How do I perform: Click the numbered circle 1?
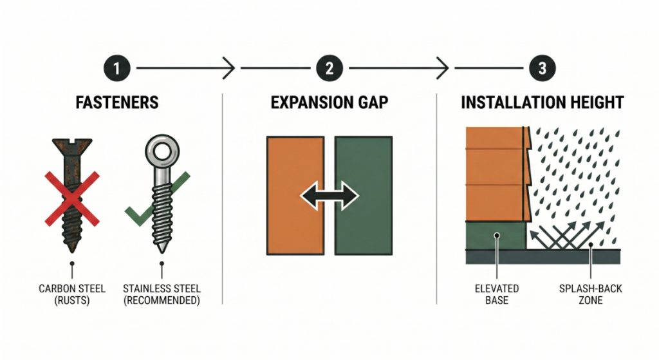pyautogui.click(x=116, y=68)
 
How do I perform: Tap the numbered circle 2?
pyautogui.click(x=329, y=68)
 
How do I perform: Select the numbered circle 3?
pyautogui.click(x=542, y=68)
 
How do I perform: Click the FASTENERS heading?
pyautogui.click(x=117, y=102)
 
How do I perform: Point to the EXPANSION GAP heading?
pyautogui.click(x=329, y=102)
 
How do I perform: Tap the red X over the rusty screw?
pyautogui.click(x=72, y=199)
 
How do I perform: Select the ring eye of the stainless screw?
pyautogui.click(x=162, y=151)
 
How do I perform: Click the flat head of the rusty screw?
pyautogui.click(x=72, y=146)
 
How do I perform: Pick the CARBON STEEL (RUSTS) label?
pyautogui.click(x=72, y=294)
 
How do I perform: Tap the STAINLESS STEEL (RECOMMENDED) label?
pyautogui.click(x=162, y=294)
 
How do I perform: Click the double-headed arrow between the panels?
pyautogui.click(x=329, y=196)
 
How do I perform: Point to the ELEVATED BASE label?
pyautogui.click(x=497, y=294)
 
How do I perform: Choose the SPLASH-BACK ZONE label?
pyautogui.click(x=591, y=294)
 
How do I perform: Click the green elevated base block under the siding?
pyautogui.click(x=496, y=235)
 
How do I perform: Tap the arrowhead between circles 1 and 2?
pyautogui.click(x=229, y=68)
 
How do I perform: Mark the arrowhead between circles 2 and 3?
pyautogui.click(x=443, y=68)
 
